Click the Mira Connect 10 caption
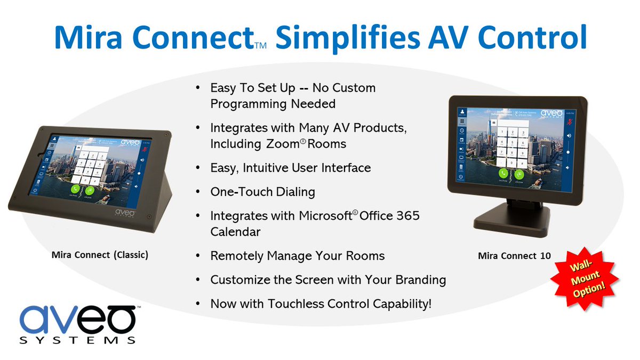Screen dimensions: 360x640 [x=514, y=256]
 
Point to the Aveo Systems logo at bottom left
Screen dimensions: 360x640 [x=79, y=324]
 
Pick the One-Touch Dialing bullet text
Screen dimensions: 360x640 [x=263, y=192]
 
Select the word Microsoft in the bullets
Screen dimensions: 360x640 [x=327, y=216]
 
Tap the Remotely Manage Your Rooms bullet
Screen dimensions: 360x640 [x=297, y=256]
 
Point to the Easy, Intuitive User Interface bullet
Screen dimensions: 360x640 [x=290, y=168]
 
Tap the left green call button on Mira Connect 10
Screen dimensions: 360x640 [x=502, y=173]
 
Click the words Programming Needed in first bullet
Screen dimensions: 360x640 [x=273, y=104]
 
